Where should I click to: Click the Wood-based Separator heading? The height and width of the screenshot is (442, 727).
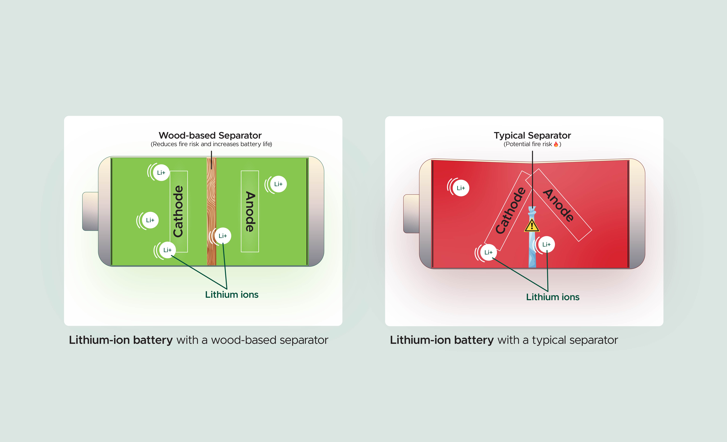210,135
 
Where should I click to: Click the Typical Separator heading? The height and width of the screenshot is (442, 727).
532,135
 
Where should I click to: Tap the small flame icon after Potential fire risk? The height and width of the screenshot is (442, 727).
556,144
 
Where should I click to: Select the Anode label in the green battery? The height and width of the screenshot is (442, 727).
250,211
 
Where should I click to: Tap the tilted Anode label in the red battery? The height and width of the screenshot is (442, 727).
559,205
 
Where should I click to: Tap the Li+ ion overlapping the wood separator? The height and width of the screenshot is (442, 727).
223,236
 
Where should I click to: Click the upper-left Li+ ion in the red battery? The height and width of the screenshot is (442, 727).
461,188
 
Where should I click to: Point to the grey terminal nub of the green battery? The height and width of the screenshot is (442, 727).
90,211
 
